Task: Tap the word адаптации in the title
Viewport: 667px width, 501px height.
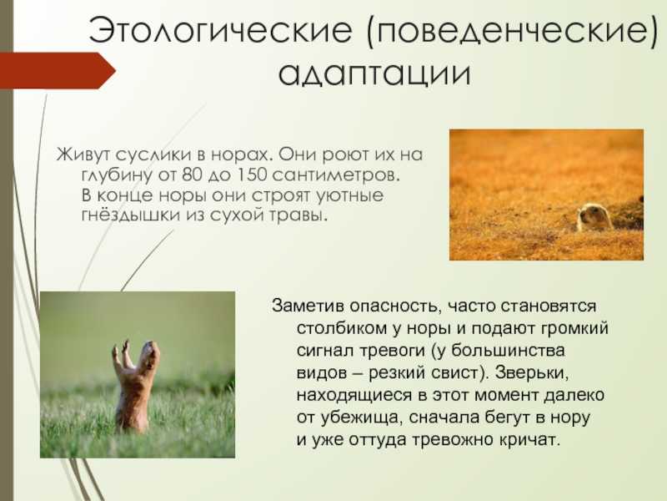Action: [x=374, y=73]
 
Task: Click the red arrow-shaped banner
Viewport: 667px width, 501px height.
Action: [x=58, y=71]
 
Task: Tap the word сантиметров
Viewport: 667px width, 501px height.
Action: [x=336, y=175]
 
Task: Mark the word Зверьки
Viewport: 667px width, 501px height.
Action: [x=532, y=372]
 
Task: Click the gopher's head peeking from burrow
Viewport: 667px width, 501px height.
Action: [x=594, y=216]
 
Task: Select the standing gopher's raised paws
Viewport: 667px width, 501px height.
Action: [x=121, y=352]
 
